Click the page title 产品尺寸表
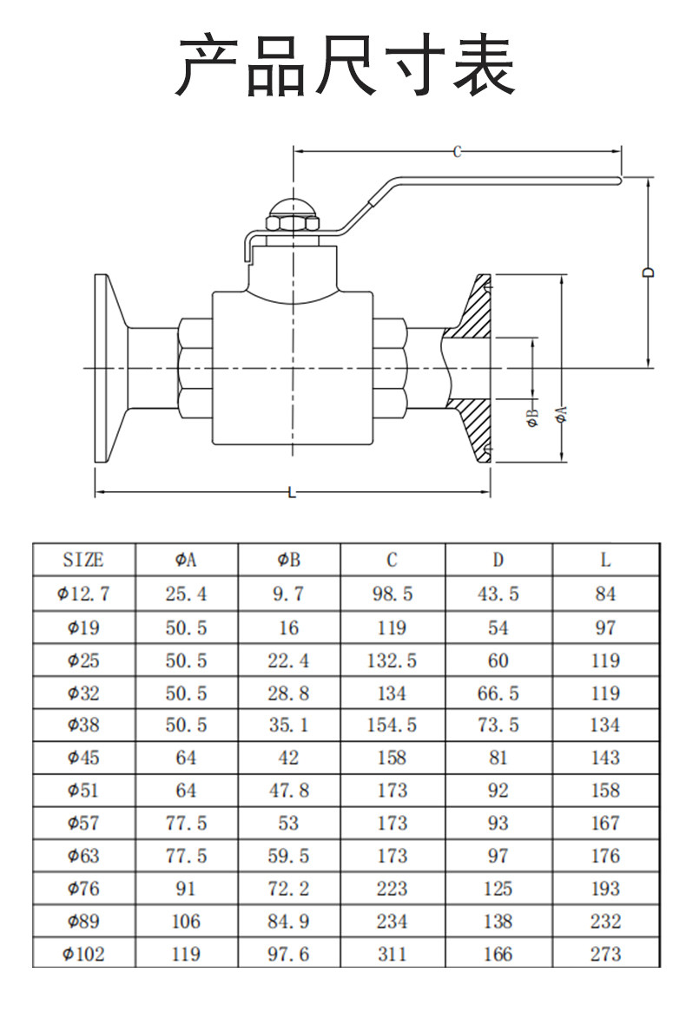point(345,65)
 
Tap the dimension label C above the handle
point(457,152)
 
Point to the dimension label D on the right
point(648,273)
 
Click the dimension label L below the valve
point(292,492)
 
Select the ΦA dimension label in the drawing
point(562,415)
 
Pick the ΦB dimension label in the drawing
point(533,417)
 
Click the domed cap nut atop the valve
point(293,214)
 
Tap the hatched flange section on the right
point(470,369)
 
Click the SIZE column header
point(83,560)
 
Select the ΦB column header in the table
point(288,560)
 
